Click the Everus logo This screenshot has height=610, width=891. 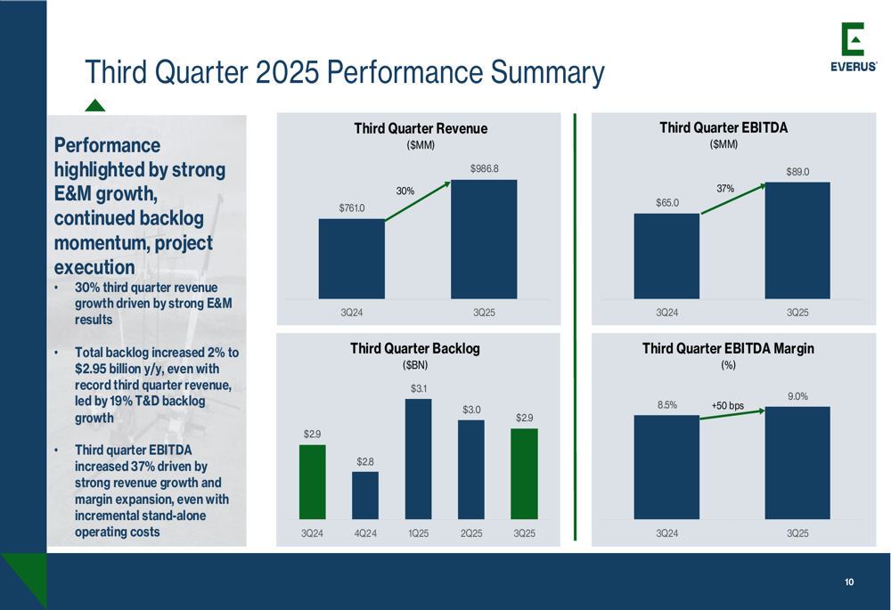[853, 46]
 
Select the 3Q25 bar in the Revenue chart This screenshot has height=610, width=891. [484, 240]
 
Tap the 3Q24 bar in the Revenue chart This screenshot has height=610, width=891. [351, 259]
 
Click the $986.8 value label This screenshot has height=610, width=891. [484, 168]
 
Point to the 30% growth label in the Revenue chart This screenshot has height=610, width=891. [405, 191]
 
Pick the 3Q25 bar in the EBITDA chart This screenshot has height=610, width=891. [797, 240]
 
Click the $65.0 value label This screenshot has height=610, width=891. [667, 203]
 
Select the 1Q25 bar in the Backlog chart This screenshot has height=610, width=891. [418, 459]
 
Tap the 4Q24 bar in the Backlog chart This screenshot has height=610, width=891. [364, 495]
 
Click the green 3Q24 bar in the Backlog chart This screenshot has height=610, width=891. [313, 482]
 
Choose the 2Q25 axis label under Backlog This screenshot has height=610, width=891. [471, 533]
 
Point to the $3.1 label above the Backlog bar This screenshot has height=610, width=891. [419, 389]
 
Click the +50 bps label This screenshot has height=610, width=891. [727, 405]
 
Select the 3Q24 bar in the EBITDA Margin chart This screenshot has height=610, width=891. [666, 467]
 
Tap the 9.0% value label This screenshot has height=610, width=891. [797, 396]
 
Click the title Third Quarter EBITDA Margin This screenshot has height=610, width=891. [728, 348]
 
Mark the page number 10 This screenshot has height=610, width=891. [849, 582]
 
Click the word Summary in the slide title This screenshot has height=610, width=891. [547, 73]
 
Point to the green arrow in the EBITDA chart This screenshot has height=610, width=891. [733, 199]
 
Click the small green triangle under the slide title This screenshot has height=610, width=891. [95, 105]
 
